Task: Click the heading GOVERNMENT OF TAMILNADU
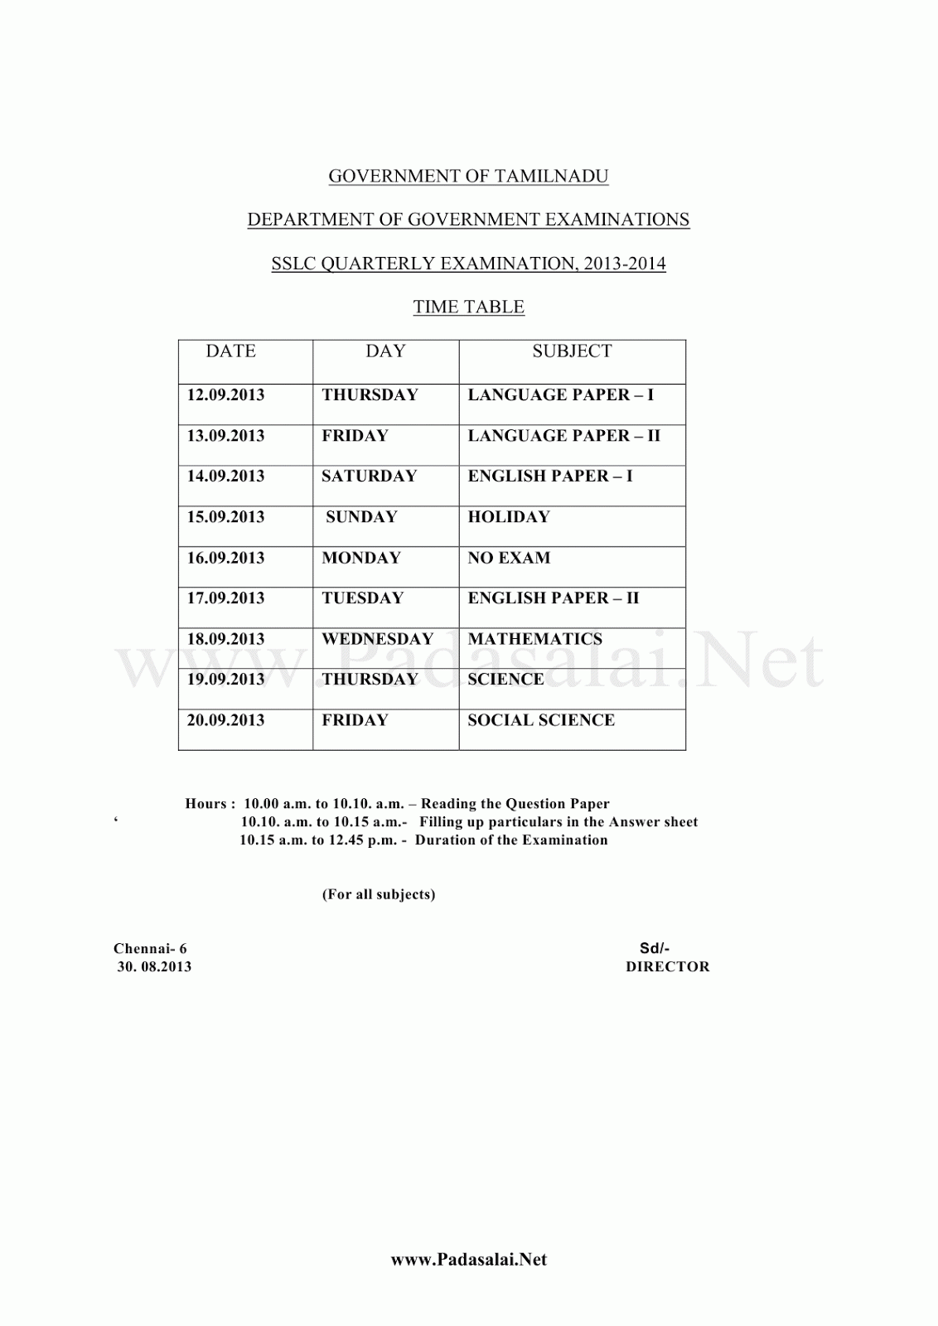tap(468, 177)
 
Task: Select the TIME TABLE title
tap(468, 307)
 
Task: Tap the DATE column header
tap(230, 351)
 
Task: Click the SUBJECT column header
tap(572, 351)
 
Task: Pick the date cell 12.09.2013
tap(225, 395)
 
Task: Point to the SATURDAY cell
tap(369, 477)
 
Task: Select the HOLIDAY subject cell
tap(508, 517)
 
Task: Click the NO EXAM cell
tap(508, 558)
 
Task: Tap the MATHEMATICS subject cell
tap(534, 639)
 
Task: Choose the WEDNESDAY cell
tap(377, 639)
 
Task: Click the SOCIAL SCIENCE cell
tap(540, 720)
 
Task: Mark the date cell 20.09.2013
tap(225, 720)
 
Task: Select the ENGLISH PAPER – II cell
tap(553, 598)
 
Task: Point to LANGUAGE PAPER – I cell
tap(560, 395)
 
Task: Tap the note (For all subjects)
tap(379, 894)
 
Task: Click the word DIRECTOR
tap(667, 966)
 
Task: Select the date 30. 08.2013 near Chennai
tap(154, 966)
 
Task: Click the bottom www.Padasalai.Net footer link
tap(468, 1260)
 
